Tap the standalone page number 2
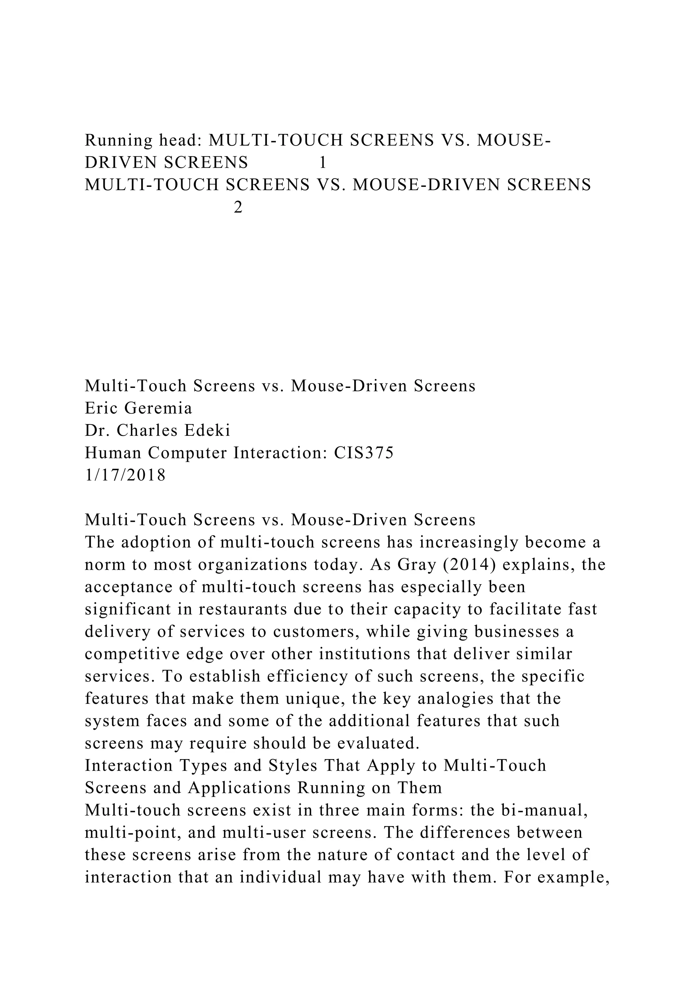238,208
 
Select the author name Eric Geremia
138,408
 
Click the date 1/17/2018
125,475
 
